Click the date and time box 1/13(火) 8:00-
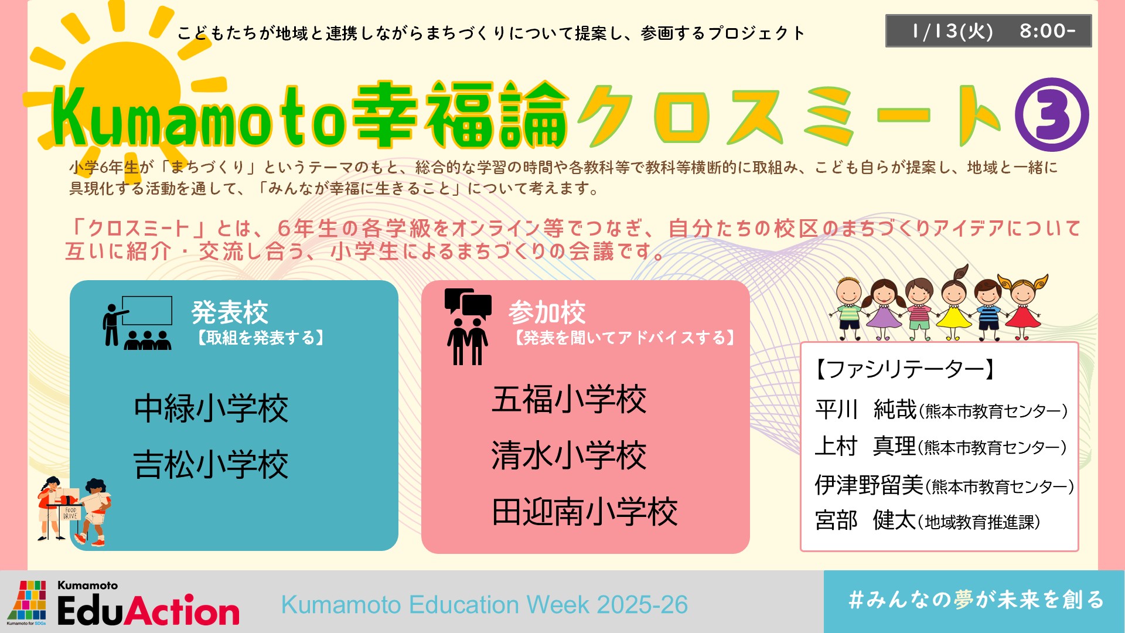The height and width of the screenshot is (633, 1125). [988, 30]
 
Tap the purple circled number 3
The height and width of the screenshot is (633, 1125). [1052, 115]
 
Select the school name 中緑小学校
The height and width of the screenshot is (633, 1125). [211, 409]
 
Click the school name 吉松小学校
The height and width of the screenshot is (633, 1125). [211, 465]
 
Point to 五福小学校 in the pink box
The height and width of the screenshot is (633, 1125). [569, 400]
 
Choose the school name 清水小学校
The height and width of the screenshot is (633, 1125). [569, 455]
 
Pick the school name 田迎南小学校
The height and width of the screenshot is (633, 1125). [585, 512]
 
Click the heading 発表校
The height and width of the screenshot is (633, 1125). [230, 312]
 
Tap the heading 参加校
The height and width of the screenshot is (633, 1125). [547, 312]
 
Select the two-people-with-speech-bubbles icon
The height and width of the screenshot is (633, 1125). [468, 327]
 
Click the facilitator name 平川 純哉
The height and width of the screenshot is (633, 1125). [866, 409]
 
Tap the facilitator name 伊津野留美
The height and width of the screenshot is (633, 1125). [869, 485]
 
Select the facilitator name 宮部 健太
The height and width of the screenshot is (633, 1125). [865, 520]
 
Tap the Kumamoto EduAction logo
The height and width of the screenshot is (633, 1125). [123, 603]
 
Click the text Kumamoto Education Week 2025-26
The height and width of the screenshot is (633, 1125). [485, 605]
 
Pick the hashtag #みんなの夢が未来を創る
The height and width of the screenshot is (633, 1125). [976, 600]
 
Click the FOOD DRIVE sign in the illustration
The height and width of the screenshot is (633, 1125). [70, 513]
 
